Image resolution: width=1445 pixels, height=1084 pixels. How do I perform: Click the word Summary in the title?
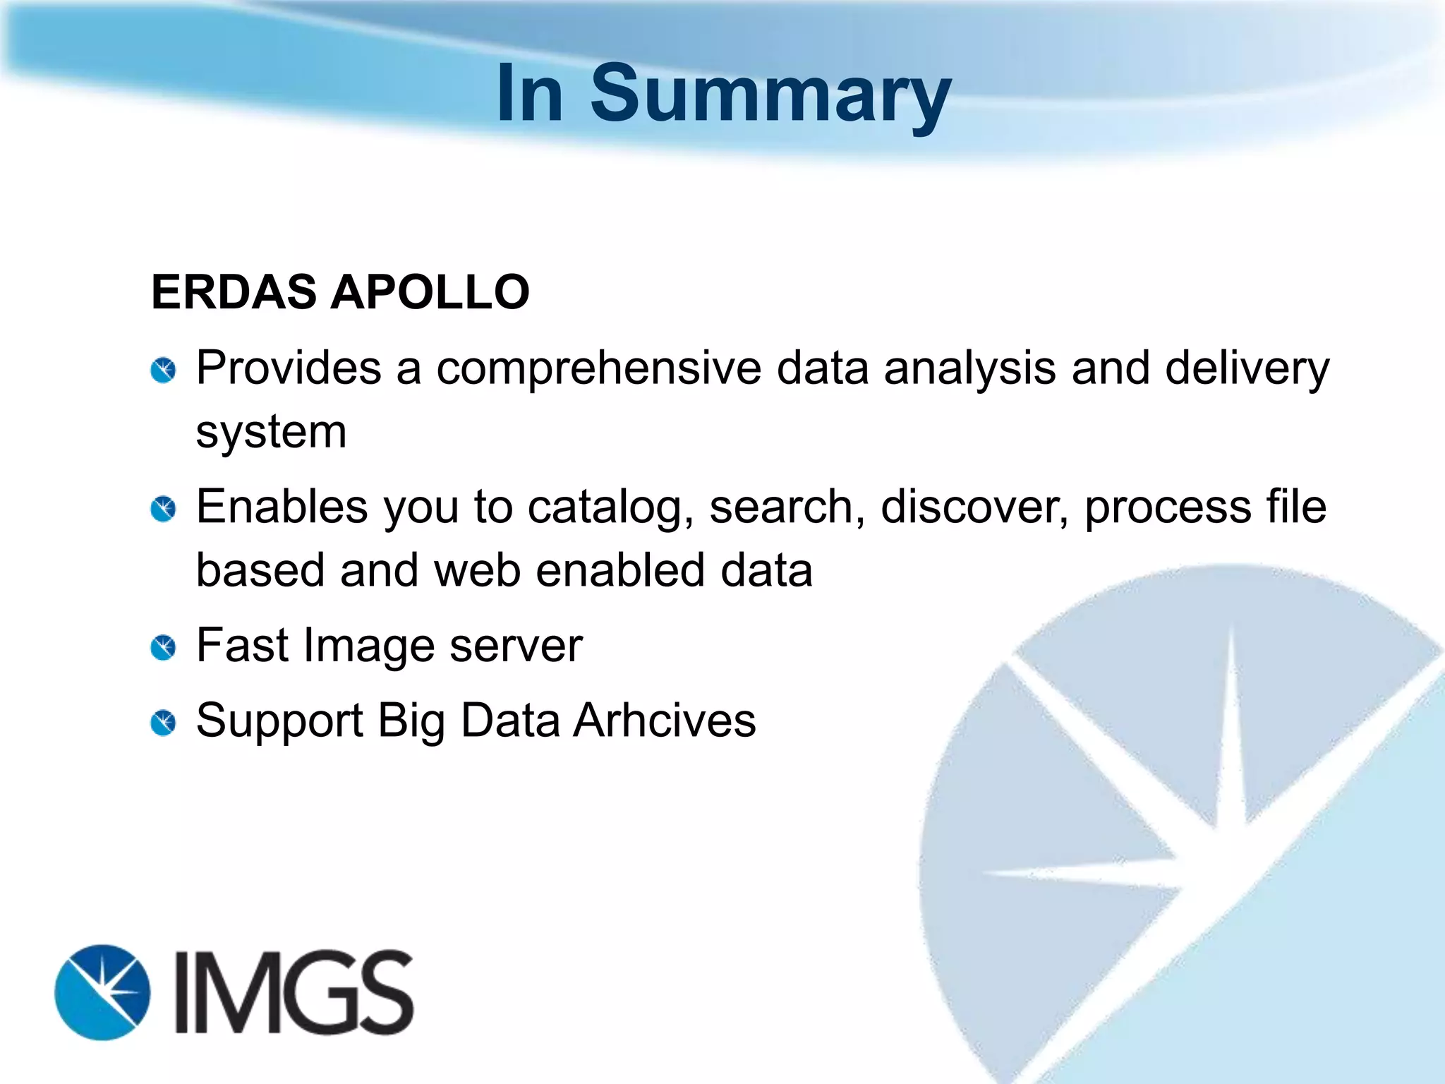coord(770,95)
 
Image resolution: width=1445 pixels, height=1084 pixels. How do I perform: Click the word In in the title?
coord(530,95)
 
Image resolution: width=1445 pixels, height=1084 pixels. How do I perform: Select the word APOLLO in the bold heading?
coord(430,292)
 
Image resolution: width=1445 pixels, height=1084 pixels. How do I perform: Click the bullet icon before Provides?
coord(164,371)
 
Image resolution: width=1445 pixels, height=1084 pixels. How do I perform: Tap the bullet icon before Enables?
coord(164,510)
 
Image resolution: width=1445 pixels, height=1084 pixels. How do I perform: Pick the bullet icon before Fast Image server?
coord(164,648)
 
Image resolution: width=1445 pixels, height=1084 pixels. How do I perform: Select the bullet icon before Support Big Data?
coord(164,723)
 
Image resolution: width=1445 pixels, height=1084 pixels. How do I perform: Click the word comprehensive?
coord(598,369)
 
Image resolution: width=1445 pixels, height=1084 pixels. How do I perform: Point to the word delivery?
coord(1247,369)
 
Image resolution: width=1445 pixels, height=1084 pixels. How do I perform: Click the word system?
coord(271,433)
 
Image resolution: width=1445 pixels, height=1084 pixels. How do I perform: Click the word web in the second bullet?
coord(477,570)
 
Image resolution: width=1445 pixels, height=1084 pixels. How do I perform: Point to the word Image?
coord(369,646)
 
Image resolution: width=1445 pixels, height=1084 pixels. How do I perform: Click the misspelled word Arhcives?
coord(664,721)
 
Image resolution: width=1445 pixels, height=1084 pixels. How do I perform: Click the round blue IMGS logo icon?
coord(103,992)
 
